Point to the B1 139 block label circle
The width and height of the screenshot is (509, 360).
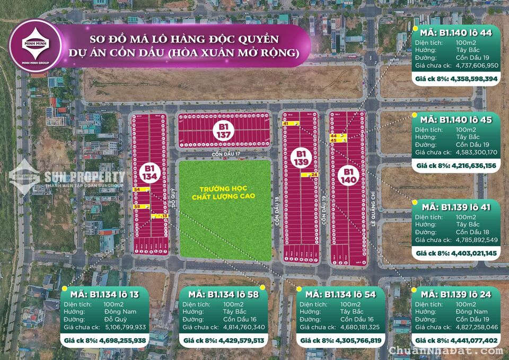tap(300, 157)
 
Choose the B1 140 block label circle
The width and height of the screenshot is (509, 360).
tap(348, 175)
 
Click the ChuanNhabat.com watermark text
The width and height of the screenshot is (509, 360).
tap(446, 351)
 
